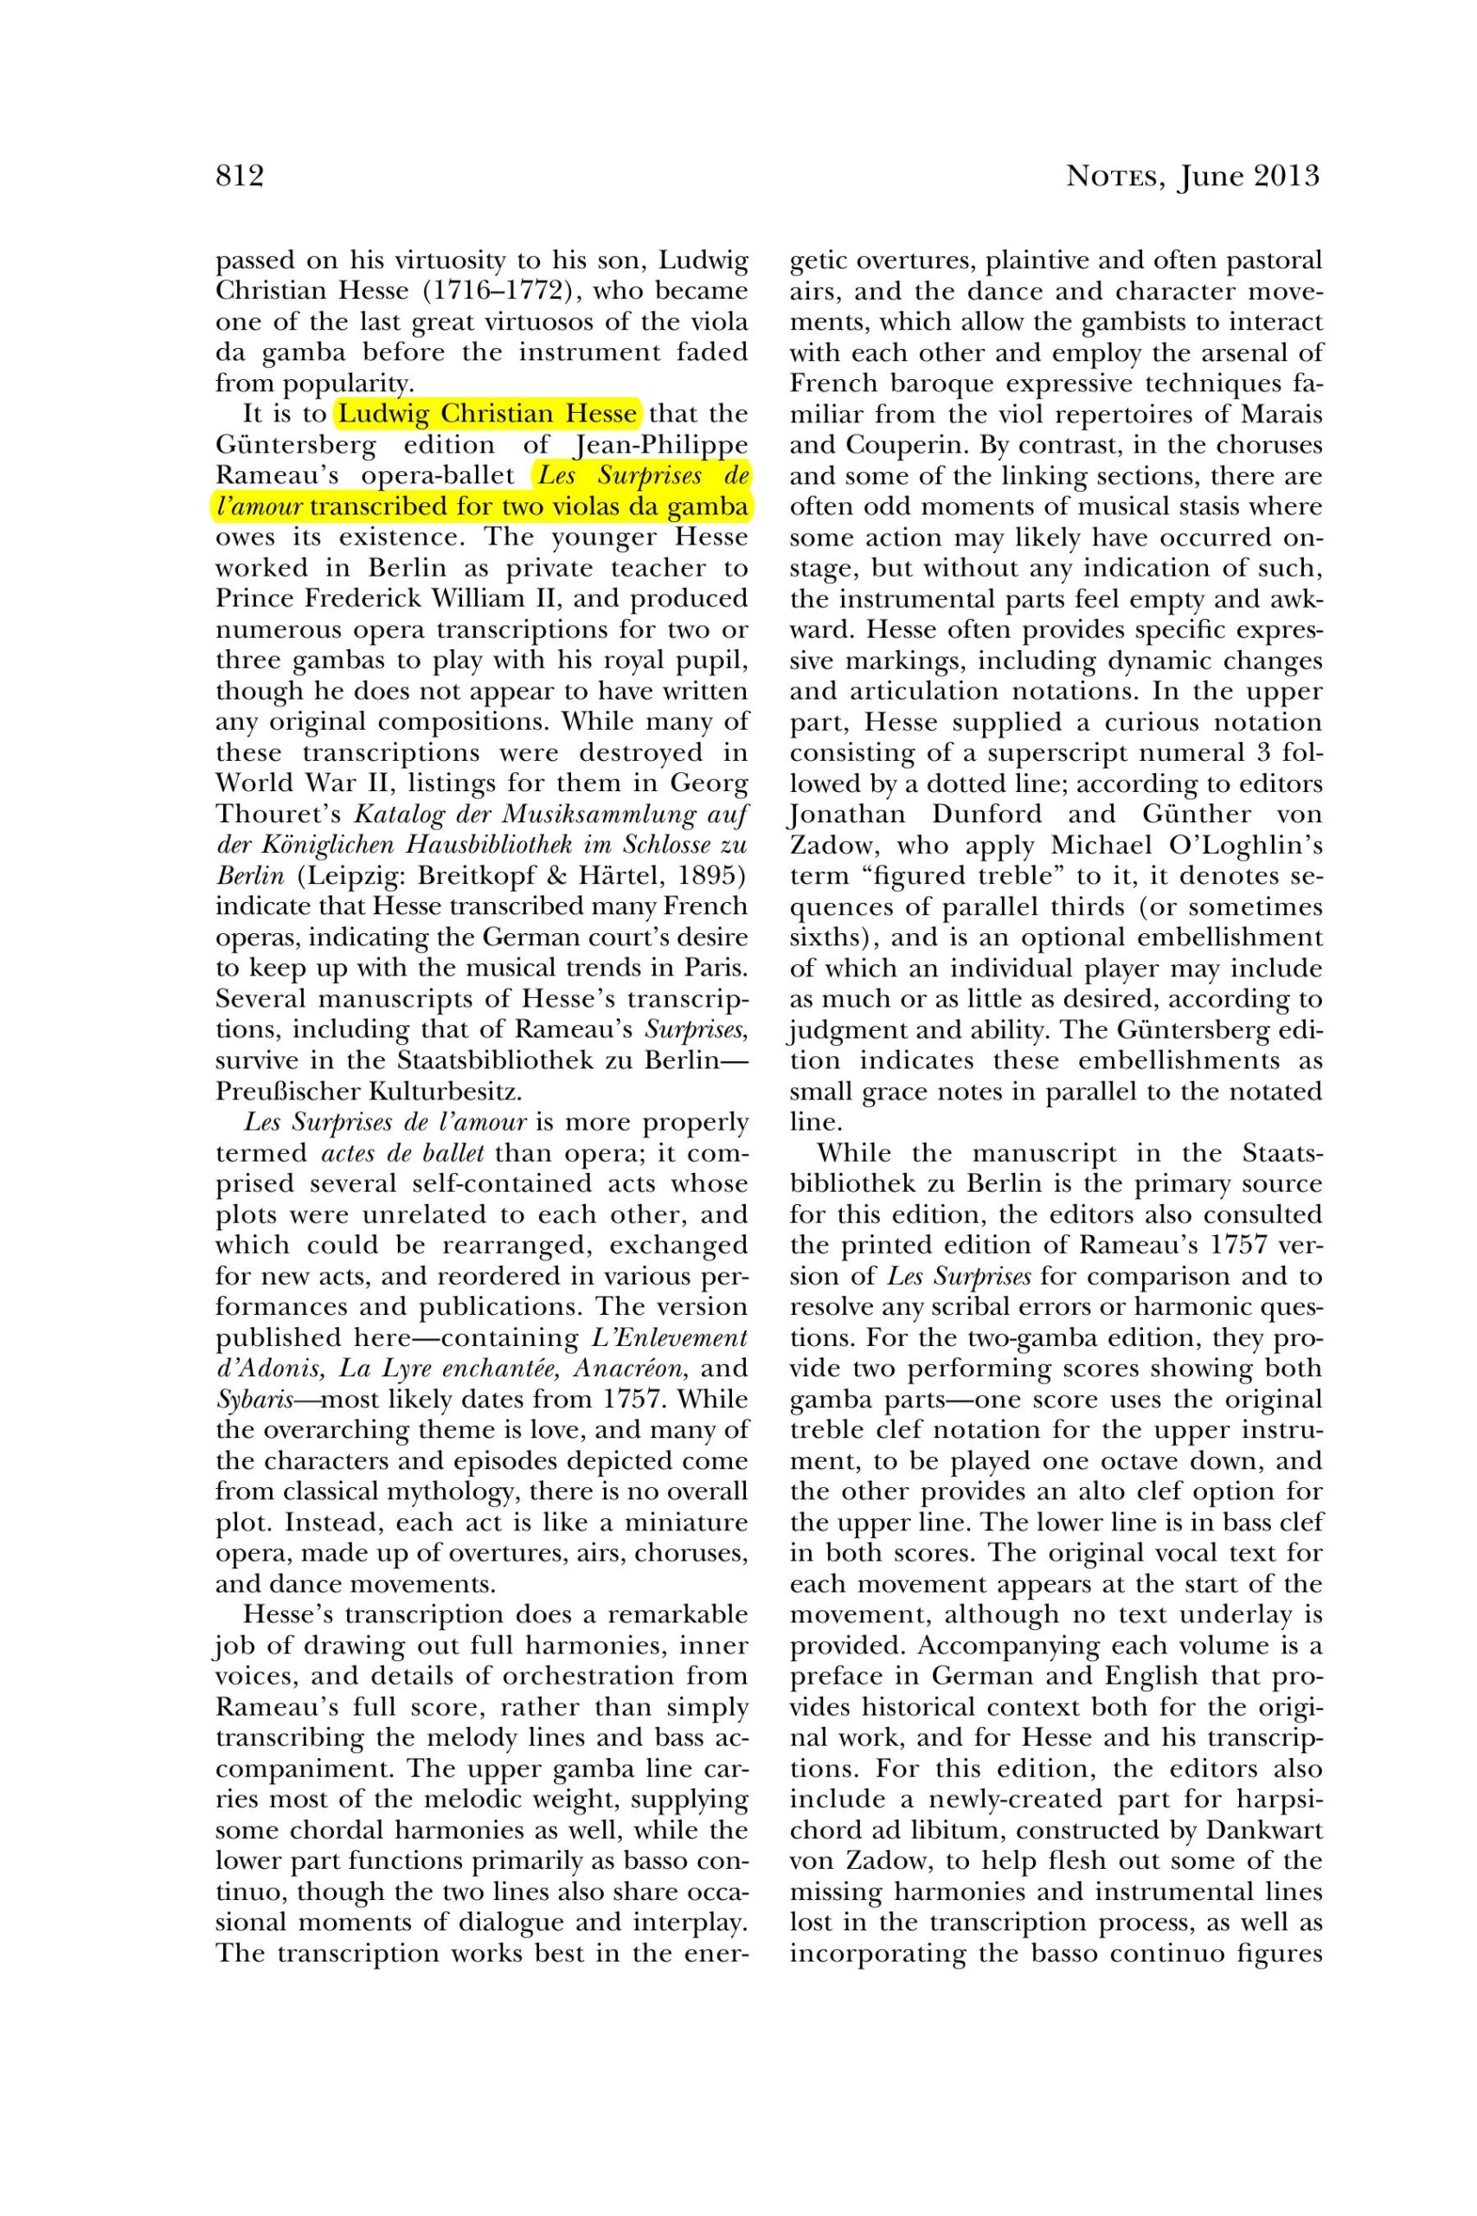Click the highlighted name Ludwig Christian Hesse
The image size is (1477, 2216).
488,414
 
